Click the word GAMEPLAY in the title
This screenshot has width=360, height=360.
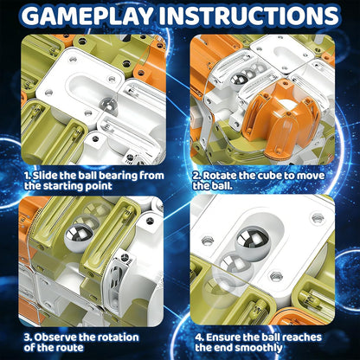88,16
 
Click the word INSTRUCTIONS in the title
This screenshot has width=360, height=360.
248,16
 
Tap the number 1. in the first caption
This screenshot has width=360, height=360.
28,176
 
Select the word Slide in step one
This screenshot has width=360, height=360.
45,176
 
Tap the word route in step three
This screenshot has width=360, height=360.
71,348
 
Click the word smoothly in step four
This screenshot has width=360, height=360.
259,348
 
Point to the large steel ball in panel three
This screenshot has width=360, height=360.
79,238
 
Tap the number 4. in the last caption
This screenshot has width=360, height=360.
200,337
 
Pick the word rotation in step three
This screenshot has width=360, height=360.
118,337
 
